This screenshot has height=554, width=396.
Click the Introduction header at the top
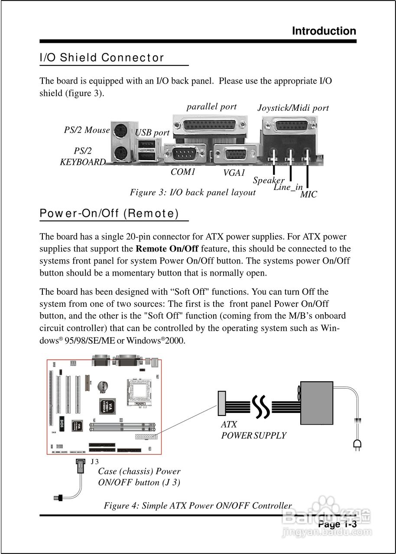(324, 31)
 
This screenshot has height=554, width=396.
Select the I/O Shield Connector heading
(102, 58)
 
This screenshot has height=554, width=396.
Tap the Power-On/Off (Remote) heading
(109, 213)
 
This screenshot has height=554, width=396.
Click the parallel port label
(211, 106)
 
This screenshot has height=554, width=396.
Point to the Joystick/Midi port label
(293, 108)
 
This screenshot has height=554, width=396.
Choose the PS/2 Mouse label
(87, 130)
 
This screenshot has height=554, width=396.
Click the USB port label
(152, 133)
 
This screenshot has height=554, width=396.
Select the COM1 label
(183, 172)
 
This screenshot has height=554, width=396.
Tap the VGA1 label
(234, 173)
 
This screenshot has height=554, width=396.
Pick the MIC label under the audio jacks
(308, 195)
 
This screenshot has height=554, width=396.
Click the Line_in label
(288, 187)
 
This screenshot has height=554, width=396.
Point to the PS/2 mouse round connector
(120, 130)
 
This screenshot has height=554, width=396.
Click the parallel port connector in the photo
(210, 126)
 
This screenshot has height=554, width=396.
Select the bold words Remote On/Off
(167, 249)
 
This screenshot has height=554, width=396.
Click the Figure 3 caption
(193, 192)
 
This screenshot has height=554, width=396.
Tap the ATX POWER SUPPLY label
(253, 430)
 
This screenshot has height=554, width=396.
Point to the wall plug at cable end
(357, 443)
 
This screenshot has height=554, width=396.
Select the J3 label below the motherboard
(95, 461)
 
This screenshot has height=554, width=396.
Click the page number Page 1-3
(337, 525)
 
